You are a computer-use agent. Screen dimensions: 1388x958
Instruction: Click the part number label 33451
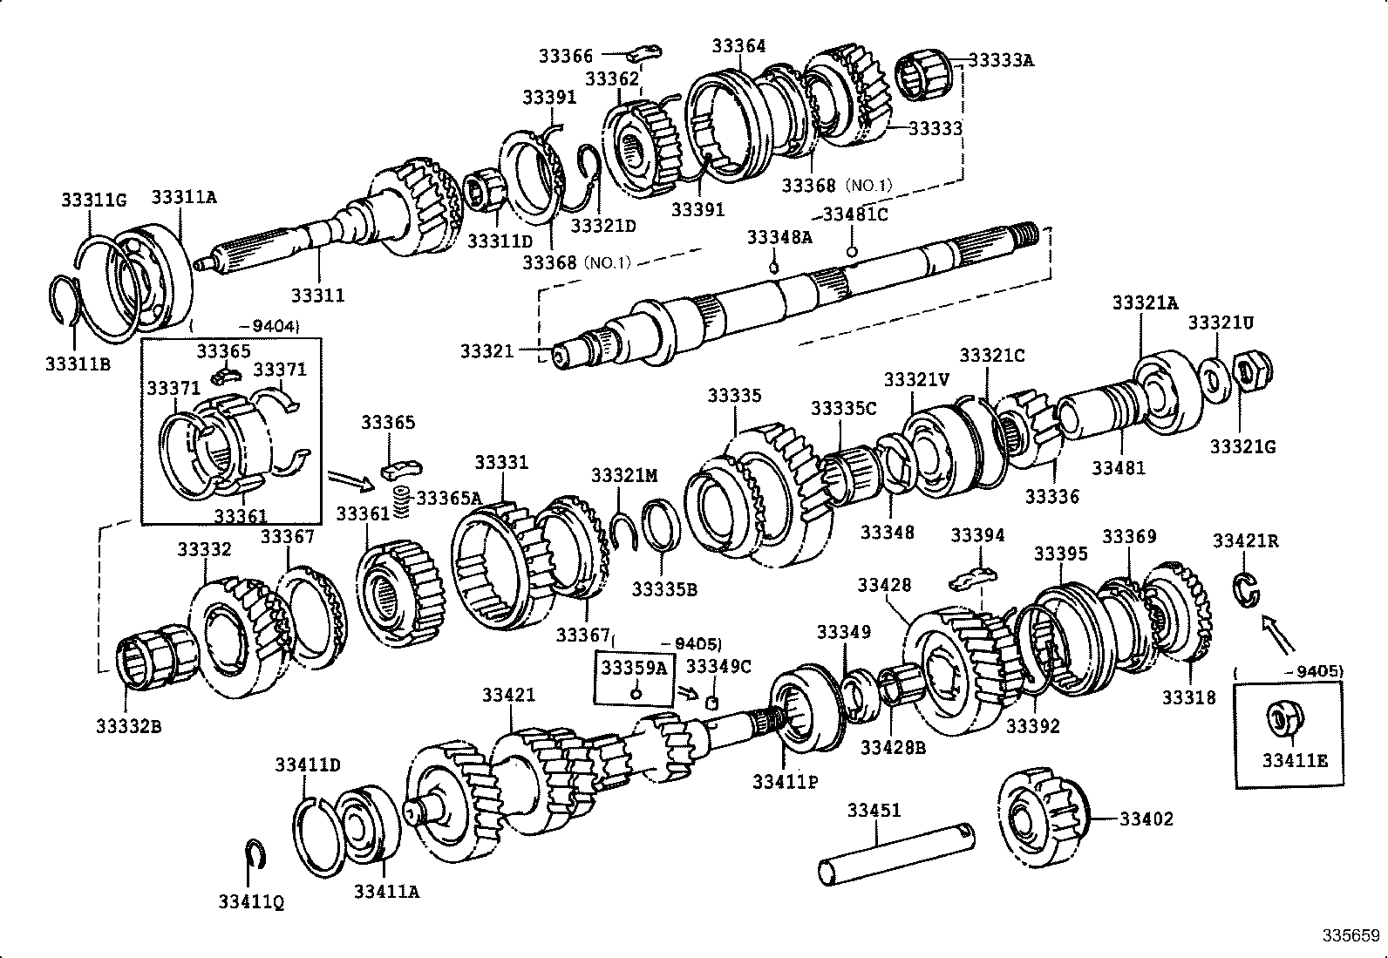(x=874, y=810)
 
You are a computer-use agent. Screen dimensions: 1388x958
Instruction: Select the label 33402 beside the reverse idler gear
(x=1146, y=819)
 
